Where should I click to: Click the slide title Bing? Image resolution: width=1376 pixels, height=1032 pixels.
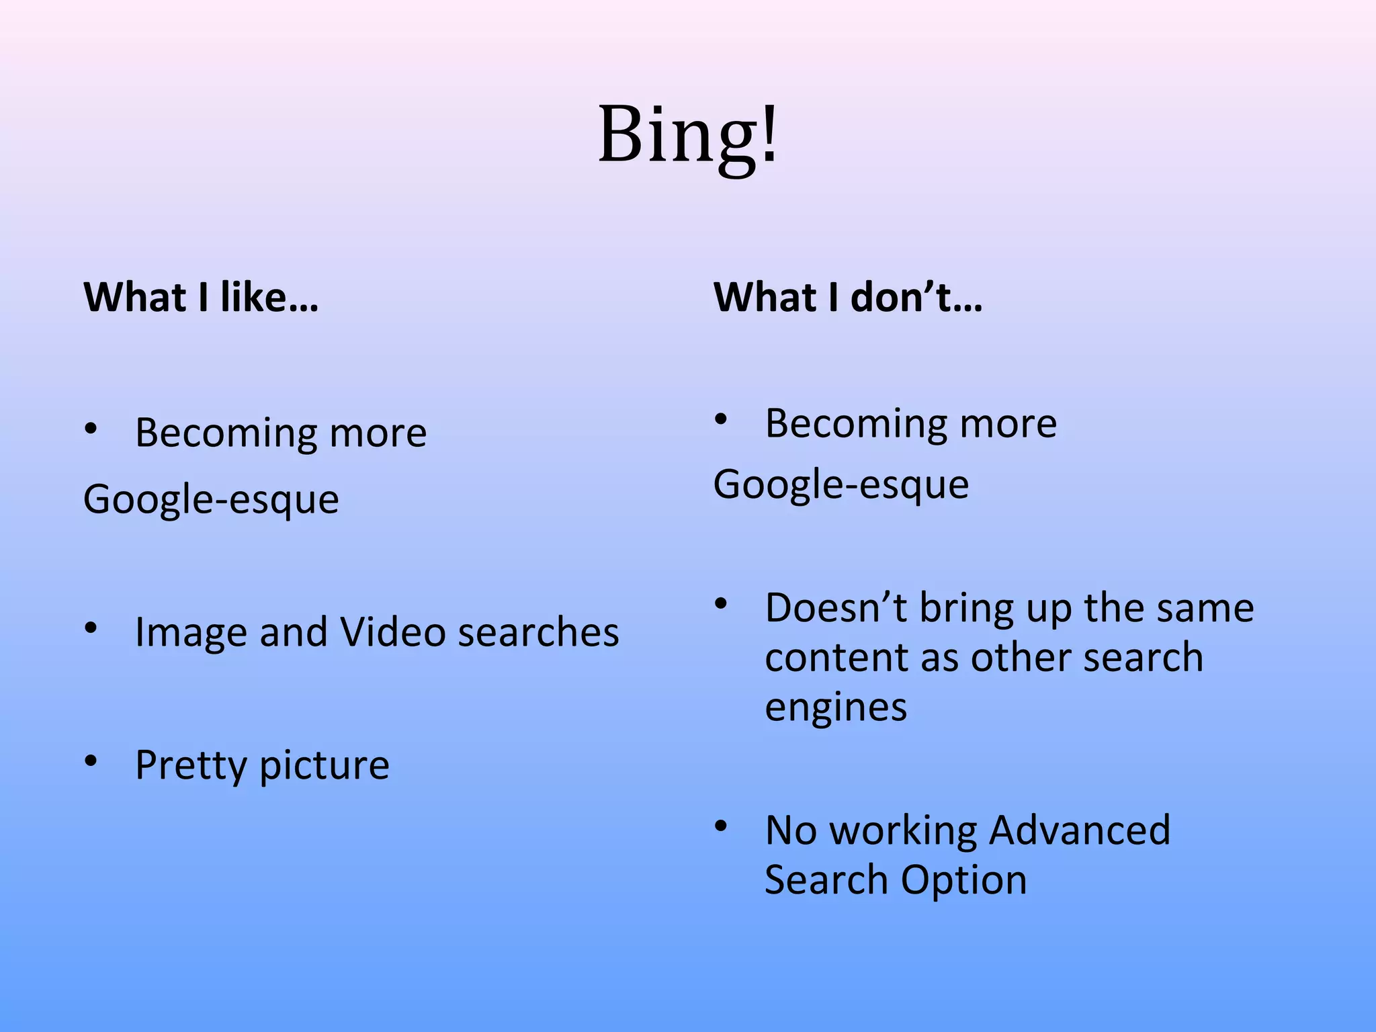(x=688, y=134)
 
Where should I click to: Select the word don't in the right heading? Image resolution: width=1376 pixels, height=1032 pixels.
(x=916, y=296)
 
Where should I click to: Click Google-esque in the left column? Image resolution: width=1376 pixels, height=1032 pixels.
(x=211, y=500)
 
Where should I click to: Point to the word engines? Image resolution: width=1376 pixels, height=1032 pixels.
(x=836, y=707)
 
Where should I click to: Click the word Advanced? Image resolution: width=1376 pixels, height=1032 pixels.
(x=1080, y=830)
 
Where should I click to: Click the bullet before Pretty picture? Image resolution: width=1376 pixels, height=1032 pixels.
(x=91, y=761)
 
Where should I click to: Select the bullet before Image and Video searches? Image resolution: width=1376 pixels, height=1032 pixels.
(x=91, y=628)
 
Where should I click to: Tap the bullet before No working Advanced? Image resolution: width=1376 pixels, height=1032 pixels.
(x=722, y=826)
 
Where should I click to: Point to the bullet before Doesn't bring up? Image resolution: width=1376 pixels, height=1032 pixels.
(x=722, y=603)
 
